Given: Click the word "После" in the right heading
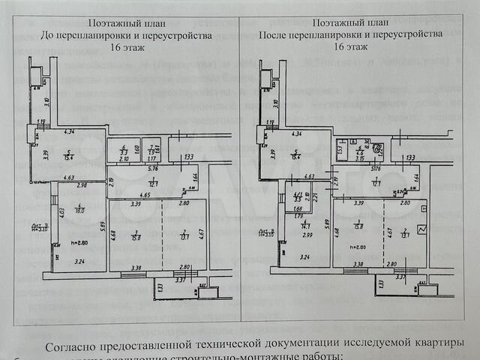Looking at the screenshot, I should coord(271,34).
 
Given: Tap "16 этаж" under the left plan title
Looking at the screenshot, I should coord(125,46).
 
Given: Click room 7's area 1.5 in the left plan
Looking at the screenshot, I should coord(151,152).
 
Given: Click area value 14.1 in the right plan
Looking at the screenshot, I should coord(306,225).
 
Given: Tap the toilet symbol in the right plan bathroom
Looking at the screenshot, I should coord(378,148).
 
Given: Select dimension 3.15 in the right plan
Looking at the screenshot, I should coord(360,159).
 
